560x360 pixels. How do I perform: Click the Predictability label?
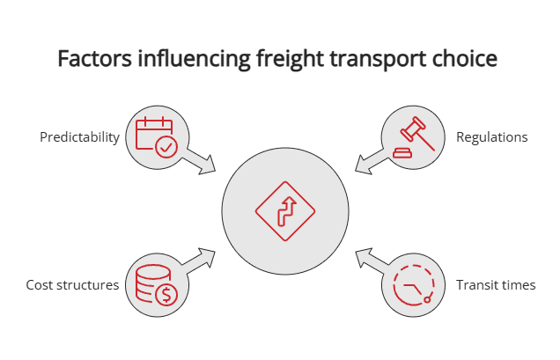click(79, 137)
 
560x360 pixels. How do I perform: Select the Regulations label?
click(491, 137)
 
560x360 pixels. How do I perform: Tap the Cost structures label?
click(72, 285)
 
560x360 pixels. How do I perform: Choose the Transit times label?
click(496, 285)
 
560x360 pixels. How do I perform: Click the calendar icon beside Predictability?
click(156, 137)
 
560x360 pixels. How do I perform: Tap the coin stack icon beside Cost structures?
click(156, 285)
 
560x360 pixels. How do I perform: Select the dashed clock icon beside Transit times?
click(411, 285)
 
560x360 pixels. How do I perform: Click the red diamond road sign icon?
click(284, 211)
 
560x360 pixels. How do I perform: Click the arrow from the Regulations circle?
click(367, 160)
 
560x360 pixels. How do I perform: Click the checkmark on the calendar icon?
click(166, 147)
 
